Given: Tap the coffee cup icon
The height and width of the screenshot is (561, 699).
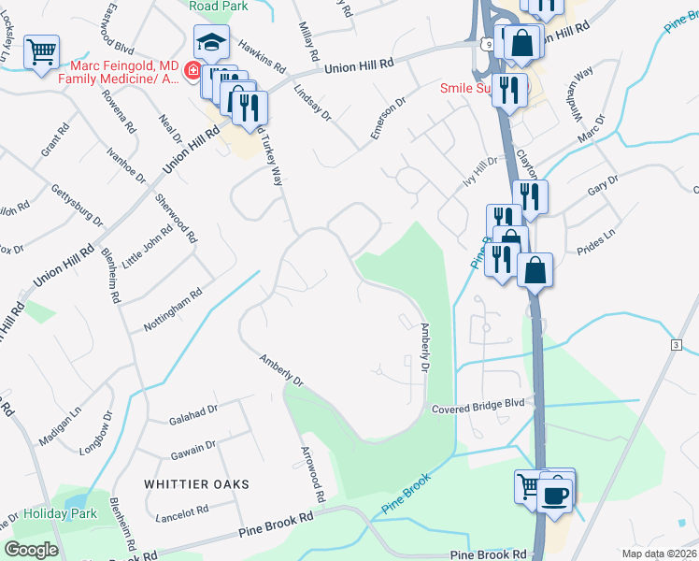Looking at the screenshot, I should click(556, 492).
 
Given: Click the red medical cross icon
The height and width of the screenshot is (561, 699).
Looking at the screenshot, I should click(191, 70).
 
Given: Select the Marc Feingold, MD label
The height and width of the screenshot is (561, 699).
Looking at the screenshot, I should click(125, 65).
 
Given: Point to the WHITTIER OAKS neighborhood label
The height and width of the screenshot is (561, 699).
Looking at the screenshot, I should click(197, 483).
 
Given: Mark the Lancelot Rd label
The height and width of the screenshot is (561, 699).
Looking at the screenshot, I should click(183, 512).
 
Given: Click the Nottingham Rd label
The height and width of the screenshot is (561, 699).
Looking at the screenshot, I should click(173, 309).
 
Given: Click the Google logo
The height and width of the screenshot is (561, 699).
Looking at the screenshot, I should click(30, 549).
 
